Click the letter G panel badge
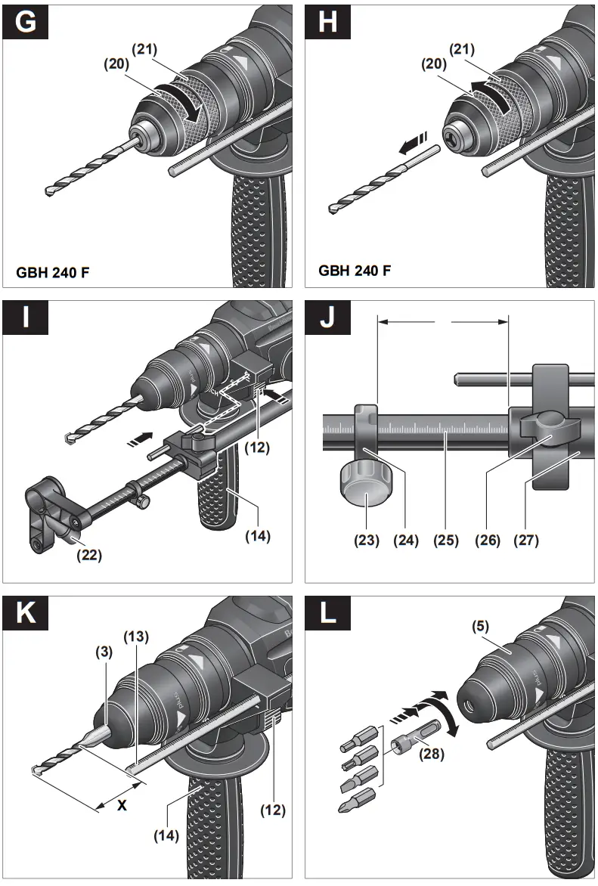(25, 22)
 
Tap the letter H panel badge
(327, 22)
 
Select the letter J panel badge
(327, 318)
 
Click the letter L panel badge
(327, 613)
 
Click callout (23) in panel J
(367, 541)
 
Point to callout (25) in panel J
(446, 541)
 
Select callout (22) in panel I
(89, 555)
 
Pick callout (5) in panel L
(479, 626)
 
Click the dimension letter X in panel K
(121, 806)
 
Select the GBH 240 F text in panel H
(355, 270)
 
